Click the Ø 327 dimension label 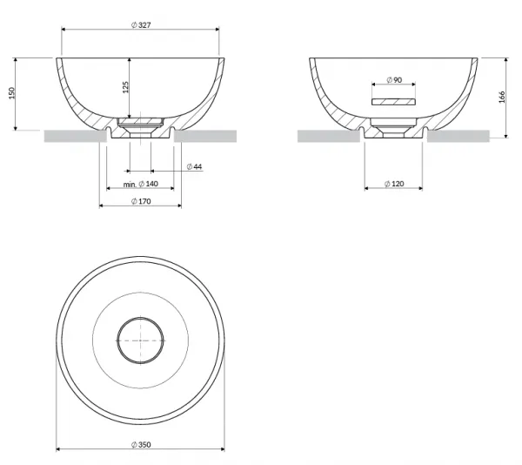tap(141, 25)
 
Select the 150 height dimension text tap(12, 93)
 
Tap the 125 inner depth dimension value tap(125, 87)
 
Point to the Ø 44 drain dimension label tap(194, 166)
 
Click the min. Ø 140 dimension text tap(140, 184)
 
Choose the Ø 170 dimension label tap(141, 201)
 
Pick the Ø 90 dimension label tap(394, 80)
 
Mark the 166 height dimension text tap(502, 97)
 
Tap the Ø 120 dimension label tap(394, 184)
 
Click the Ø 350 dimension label tap(141, 445)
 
